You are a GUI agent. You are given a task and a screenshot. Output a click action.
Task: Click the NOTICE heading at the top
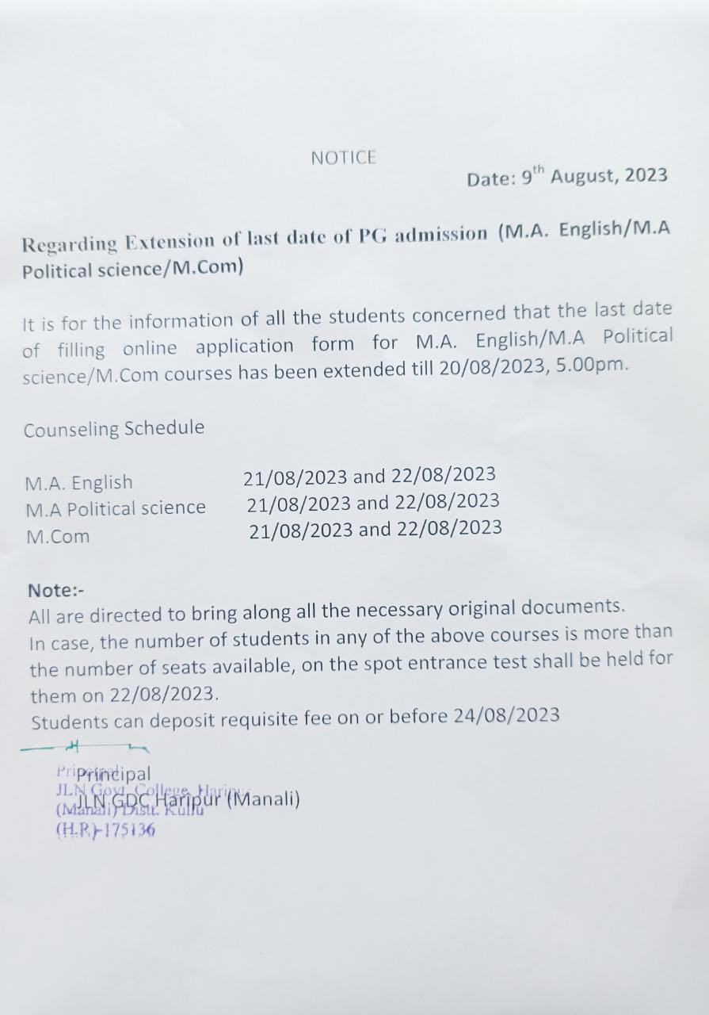click(x=343, y=158)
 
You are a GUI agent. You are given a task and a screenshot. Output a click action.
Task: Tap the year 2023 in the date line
click(x=646, y=175)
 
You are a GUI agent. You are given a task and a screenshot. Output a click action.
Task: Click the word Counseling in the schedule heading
click(x=71, y=430)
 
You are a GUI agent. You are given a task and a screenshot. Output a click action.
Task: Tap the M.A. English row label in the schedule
click(x=78, y=482)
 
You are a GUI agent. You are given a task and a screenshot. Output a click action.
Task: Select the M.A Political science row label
click(x=116, y=508)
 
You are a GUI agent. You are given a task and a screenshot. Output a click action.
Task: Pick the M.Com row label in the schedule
click(x=58, y=536)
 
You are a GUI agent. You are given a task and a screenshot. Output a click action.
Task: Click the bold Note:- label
click(x=55, y=590)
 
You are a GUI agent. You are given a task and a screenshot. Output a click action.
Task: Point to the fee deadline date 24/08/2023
click(x=507, y=715)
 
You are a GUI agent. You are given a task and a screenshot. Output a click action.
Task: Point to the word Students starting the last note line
click(x=70, y=722)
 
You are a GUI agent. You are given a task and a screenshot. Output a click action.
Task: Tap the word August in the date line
click(x=585, y=175)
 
